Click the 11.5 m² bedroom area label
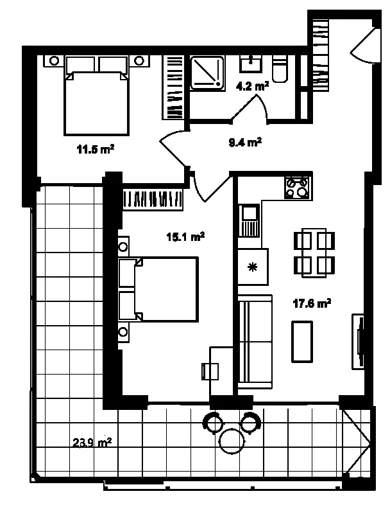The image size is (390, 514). pos(95,150)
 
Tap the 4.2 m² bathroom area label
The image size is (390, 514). pos(252,87)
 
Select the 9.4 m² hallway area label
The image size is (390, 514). pos(245,143)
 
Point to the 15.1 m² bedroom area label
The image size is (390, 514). pos(185,236)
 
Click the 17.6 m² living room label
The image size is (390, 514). pos(312,303)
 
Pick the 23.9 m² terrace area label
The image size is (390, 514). pos(92,443)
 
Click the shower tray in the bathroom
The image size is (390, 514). pos(207,73)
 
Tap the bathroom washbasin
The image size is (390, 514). pos(251,63)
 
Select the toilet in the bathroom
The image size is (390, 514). pos(280,69)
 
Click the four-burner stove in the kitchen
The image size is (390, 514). pos(297,187)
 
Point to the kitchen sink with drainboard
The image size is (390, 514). pos(249,220)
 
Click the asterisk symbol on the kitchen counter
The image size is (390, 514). pos(252,267)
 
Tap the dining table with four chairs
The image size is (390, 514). pos(314,253)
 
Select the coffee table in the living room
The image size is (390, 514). pos(302,342)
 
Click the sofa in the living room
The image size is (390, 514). pos(255,342)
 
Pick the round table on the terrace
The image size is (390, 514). pos(232,441)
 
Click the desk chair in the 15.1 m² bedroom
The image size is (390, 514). pos(210,371)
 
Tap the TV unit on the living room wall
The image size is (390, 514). pos(358,342)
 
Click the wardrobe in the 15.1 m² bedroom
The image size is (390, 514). pos(153,199)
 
